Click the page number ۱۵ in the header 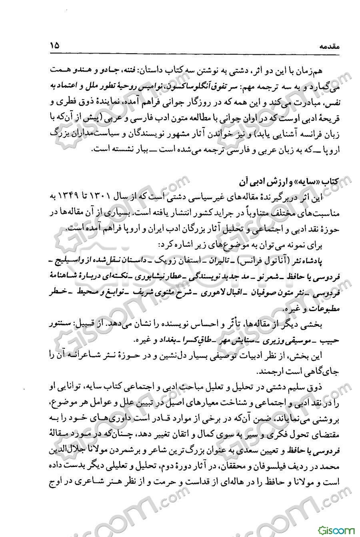click(54, 46)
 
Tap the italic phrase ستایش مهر click(237, 341)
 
